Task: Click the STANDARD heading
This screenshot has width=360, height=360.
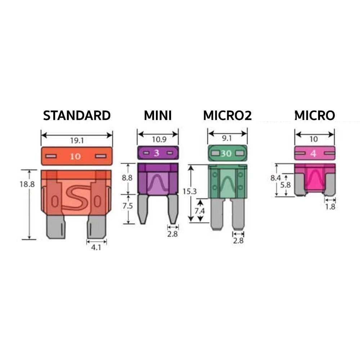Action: click(77, 116)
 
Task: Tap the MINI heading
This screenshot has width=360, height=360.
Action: click(158, 116)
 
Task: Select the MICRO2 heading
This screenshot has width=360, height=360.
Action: click(227, 116)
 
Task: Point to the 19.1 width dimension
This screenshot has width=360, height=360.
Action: click(77, 140)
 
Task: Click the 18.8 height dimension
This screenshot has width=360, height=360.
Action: click(27, 184)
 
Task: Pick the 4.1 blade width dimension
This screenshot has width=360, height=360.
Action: click(96, 247)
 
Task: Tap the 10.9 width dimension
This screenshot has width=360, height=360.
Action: click(159, 139)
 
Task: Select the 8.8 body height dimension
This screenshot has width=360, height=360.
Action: click(127, 178)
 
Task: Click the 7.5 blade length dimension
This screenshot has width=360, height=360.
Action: click(127, 206)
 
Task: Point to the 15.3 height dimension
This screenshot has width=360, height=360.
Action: click(190, 191)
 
